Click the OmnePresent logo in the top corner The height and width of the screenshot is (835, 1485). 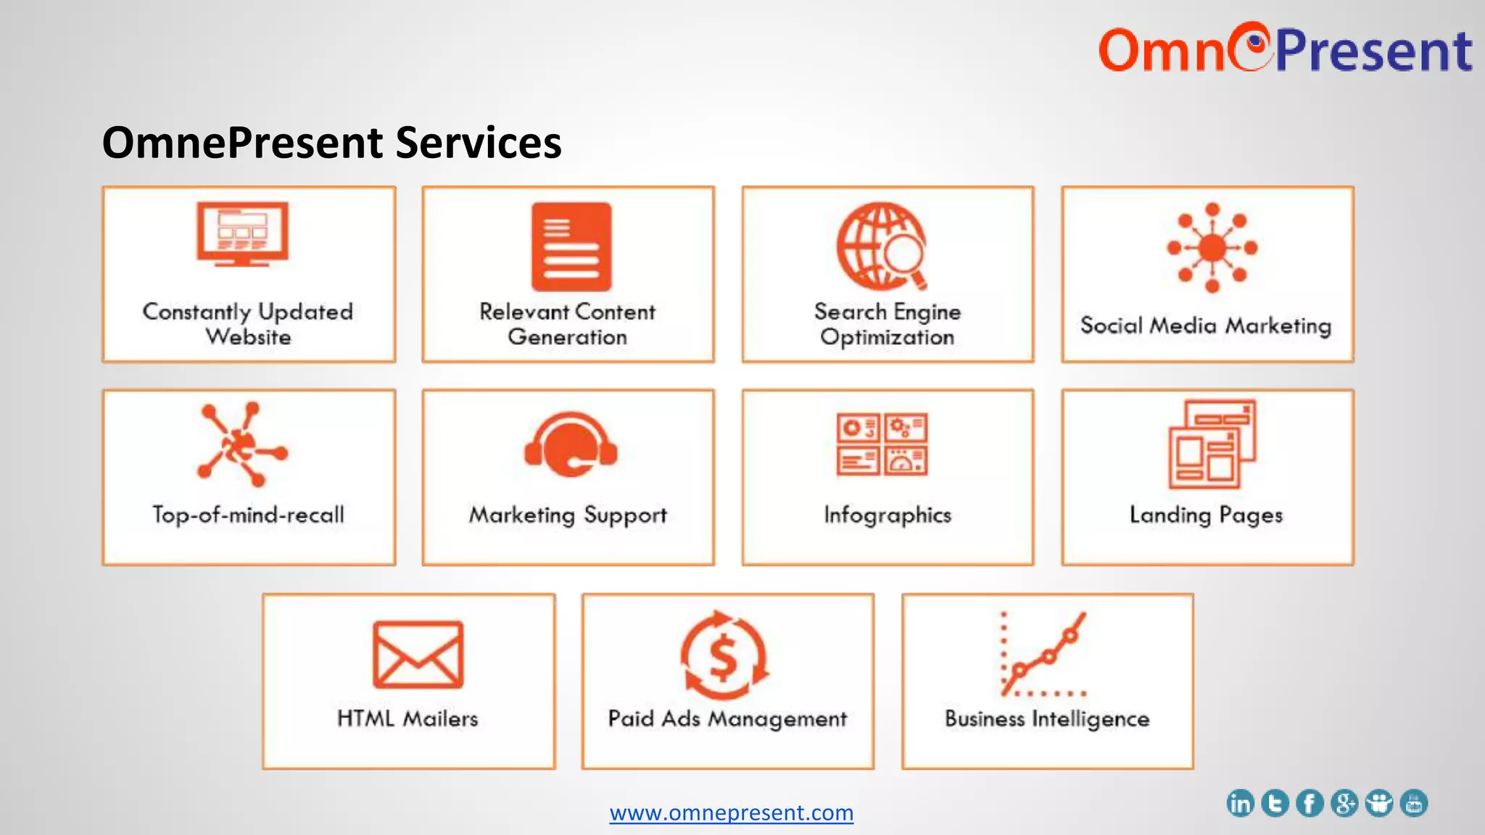[x=1285, y=49]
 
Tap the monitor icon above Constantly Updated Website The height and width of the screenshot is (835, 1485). [x=242, y=233]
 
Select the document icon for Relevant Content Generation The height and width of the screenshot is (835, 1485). [x=571, y=246]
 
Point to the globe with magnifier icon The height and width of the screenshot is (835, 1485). [x=882, y=246]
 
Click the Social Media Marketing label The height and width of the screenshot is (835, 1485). [x=1206, y=325]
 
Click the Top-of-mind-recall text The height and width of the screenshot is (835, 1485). [x=248, y=515]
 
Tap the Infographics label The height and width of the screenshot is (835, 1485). [x=888, y=515]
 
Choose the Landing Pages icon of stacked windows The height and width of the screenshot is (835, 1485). [x=1212, y=444]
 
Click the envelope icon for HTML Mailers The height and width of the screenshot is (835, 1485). [x=418, y=655]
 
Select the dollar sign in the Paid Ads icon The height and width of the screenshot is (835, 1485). [x=723, y=657]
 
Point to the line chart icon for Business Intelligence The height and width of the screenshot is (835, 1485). [x=1043, y=654]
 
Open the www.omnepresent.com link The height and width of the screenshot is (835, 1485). [x=731, y=813]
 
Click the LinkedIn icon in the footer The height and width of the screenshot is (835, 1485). [x=1240, y=803]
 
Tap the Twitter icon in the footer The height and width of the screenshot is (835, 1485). [x=1275, y=803]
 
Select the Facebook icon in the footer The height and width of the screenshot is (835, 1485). [x=1310, y=803]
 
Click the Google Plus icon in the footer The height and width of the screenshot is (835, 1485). [x=1344, y=803]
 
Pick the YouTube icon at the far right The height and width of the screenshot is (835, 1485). [x=1414, y=803]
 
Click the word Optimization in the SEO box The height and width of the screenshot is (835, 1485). [x=888, y=337]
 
